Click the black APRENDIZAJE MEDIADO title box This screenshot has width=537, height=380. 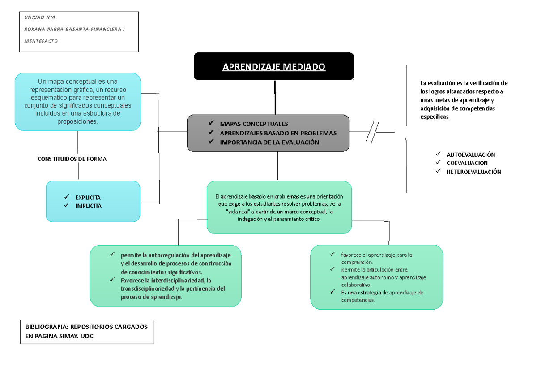point(274,67)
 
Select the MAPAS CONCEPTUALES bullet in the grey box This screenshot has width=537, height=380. point(254,124)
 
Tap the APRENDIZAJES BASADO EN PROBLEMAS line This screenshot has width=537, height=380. point(278,133)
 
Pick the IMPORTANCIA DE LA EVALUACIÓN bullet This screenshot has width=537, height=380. point(269,142)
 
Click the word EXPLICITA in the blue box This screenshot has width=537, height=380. point(88,198)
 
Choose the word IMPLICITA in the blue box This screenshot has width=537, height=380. point(88,206)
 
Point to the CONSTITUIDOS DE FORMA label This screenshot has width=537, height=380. point(72,159)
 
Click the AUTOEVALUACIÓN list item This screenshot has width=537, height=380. point(471,155)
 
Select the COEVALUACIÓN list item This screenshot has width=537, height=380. point(467,164)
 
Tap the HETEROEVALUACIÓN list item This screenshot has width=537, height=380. point(474,172)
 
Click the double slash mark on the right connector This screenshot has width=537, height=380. point(372,132)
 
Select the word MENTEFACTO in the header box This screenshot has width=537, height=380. point(41,41)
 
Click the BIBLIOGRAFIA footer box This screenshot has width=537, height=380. point(87,332)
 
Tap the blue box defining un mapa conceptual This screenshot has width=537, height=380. point(78,102)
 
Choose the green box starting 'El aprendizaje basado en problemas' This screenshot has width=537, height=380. point(279,207)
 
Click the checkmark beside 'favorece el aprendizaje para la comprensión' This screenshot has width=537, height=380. point(332,255)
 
